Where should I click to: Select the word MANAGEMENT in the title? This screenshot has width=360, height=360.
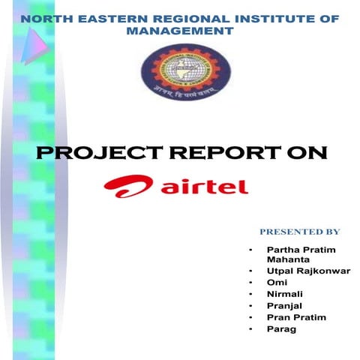pyautogui.click(x=180, y=32)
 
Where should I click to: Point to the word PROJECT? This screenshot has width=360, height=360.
pyautogui.click(x=88, y=154)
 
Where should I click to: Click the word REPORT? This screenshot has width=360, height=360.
pyautogui.click(x=223, y=154)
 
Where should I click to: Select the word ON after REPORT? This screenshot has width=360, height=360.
pyautogui.click(x=307, y=154)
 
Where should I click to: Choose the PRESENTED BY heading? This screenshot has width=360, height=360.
pyautogui.click(x=299, y=232)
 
